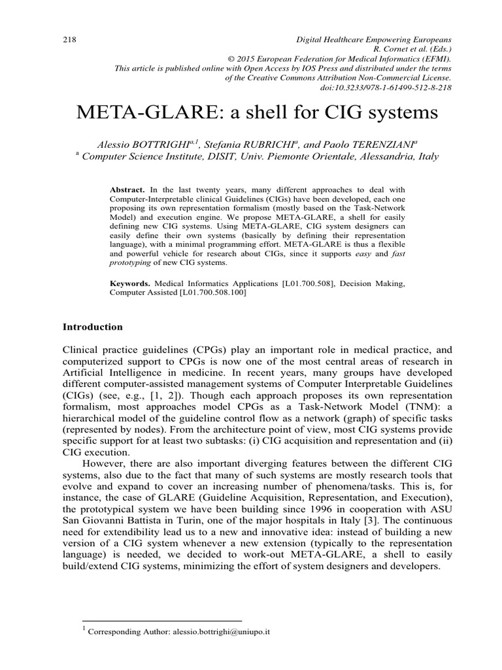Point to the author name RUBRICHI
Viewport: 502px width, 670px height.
[x=255, y=144]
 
